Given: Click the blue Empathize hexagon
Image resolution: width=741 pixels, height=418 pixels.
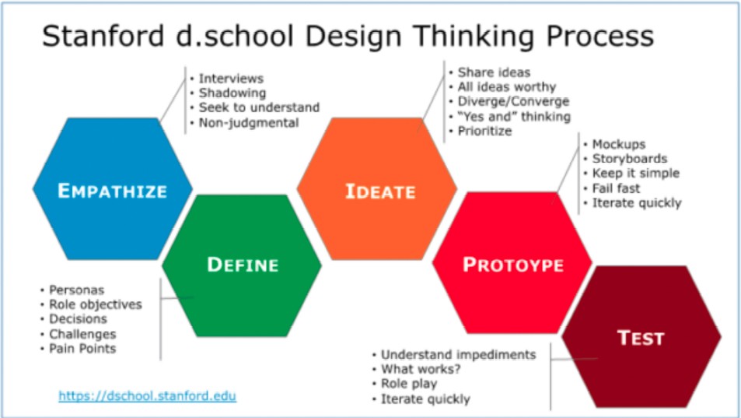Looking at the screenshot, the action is pyautogui.click(x=113, y=188).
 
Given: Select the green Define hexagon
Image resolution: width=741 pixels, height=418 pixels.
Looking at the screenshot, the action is pyautogui.click(x=242, y=265).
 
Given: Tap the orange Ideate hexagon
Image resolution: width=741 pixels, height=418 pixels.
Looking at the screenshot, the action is pyautogui.click(x=377, y=188).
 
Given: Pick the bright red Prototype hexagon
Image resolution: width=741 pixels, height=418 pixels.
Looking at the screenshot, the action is pyautogui.click(x=512, y=263).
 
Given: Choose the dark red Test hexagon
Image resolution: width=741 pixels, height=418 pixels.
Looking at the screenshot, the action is pyautogui.click(x=641, y=337).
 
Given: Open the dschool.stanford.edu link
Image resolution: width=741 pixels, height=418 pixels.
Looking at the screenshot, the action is pyautogui.click(x=148, y=395).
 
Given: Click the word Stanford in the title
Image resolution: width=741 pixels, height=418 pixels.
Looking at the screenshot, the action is pyautogui.click(x=103, y=36).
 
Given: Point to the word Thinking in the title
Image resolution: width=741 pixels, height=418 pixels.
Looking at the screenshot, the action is pyautogui.click(x=474, y=37).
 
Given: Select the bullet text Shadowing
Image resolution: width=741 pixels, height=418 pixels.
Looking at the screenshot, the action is pyautogui.click(x=232, y=93).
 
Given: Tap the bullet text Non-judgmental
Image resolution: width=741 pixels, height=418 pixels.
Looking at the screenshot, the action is pyautogui.click(x=249, y=123).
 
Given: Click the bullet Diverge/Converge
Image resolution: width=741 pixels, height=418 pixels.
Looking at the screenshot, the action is pyautogui.click(x=513, y=101).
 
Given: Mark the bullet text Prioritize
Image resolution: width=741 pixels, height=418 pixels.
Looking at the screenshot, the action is pyautogui.click(x=484, y=131).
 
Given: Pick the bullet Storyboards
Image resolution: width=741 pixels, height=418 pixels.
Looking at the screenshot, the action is pyautogui.click(x=630, y=159).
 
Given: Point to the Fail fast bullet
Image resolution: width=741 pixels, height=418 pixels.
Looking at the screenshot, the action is pyautogui.click(x=616, y=188).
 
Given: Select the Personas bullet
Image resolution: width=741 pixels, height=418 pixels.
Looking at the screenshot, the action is pyautogui.click(x=76, y=290).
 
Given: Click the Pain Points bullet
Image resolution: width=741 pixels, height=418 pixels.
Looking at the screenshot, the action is pyautogui.click(x=82, y=349).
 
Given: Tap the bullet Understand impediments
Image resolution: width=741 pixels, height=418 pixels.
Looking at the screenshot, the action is pyautogui.click(x=459, y=355).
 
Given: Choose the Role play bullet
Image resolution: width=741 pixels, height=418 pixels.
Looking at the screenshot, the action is pyautogui.click(x=409, y=384).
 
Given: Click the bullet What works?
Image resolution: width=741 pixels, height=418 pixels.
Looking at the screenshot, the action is pyautogui.click(x=420, y=369).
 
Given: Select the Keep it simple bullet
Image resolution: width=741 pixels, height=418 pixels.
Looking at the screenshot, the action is pyautogui.click(x=635, y=174).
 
